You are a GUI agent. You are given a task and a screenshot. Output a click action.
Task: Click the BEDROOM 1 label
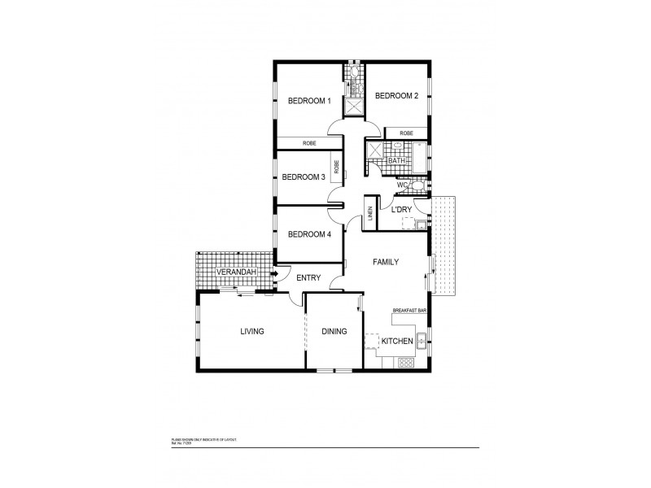click(x=309, y=101)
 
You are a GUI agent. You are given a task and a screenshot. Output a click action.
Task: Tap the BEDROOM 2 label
click(x=395, y=96)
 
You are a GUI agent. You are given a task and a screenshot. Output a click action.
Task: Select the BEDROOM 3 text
click(x=304, y=177)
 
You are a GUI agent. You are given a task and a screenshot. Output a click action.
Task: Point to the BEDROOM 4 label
click(x=309, y=234)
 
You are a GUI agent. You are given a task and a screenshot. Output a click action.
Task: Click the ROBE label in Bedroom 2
click(x=406, y=133)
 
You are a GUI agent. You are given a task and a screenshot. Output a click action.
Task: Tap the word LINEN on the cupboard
click(x=370, y=214)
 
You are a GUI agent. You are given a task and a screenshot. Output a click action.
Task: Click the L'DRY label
click(x=402, y=210)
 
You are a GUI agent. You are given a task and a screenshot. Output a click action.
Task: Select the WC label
click(x=401, y=185)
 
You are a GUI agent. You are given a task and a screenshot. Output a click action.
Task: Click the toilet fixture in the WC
click(x=417, y=185)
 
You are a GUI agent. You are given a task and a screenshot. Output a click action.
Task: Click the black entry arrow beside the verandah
click(x=274, y=273)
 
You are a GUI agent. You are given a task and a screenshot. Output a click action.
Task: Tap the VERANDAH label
click(x=235, y=271)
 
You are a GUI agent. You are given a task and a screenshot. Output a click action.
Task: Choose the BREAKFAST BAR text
click(x=410, y=311)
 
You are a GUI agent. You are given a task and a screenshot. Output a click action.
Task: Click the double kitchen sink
click(x=422, y=342)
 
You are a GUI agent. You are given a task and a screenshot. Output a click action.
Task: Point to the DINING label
click(x=334, y=332)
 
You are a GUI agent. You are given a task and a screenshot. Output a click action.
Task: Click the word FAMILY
click(x=385, y=263)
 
